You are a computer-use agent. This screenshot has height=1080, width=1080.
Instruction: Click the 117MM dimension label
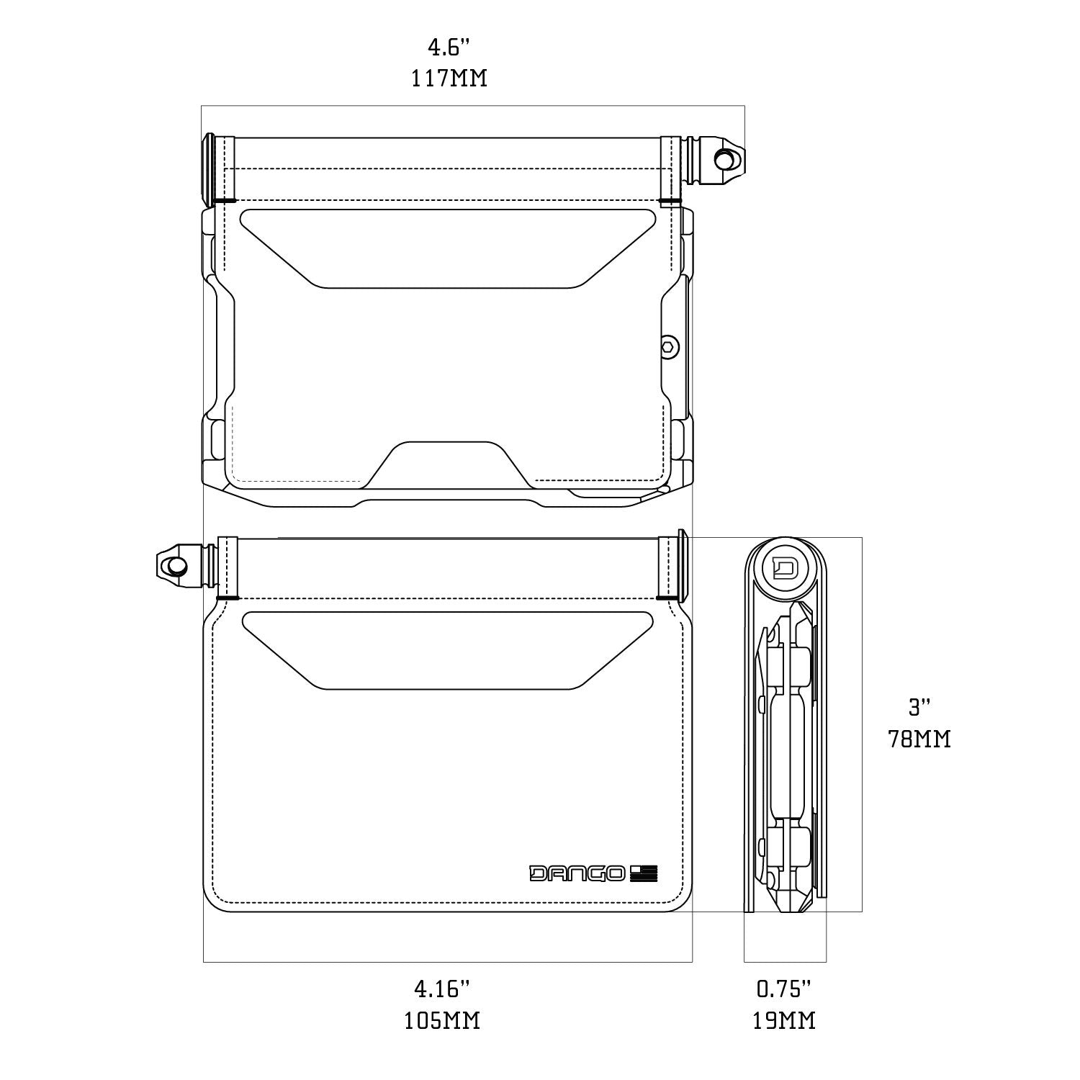point(449,78)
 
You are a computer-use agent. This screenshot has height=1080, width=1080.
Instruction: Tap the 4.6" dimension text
point(449,48)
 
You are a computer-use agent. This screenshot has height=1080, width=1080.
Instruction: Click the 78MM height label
point(919,739)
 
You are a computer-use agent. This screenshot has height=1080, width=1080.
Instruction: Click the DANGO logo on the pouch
point(577,873)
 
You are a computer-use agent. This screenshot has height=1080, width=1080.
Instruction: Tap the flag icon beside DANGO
point(644,873)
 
